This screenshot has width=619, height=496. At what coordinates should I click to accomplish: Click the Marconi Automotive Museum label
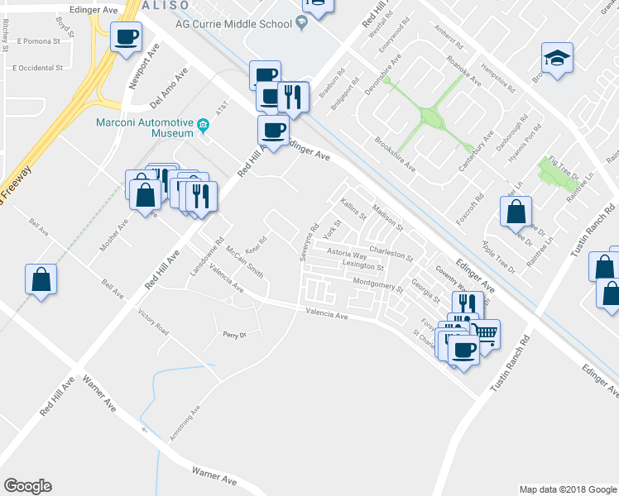[144, 125]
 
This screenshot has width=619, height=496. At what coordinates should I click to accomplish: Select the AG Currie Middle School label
[233, 24]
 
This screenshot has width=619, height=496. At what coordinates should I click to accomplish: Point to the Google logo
[27, 486]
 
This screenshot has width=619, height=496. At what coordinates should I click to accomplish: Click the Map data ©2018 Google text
[567, 489]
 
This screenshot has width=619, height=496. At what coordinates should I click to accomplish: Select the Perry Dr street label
[235, 335]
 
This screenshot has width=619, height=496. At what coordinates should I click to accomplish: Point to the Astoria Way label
[347, 254]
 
